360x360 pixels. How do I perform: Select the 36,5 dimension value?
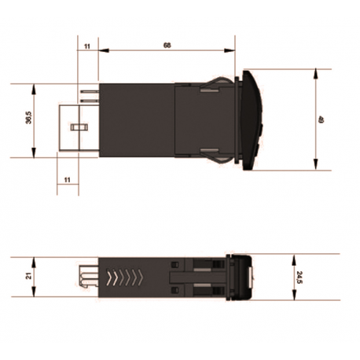coord(28,120)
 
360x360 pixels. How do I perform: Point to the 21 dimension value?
coord(27,276)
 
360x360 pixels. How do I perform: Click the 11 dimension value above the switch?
coord(86,46)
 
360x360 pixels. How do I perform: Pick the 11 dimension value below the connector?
coord(67,180)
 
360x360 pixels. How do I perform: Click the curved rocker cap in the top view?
coord(253,119)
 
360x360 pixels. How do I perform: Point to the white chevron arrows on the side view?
coord(126,277)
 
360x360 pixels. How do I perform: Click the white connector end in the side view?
coord(87,277)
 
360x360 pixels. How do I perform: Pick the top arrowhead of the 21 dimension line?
coord(35,260)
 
